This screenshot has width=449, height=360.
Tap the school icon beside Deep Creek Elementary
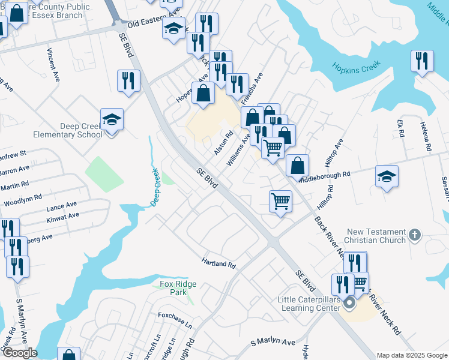pos(112,121)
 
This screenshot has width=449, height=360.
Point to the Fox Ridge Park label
pos(174,288)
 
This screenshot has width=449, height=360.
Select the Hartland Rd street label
pos(218,263)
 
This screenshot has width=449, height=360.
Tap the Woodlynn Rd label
pos(22,197)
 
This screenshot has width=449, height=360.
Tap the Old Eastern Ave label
pos(154,19)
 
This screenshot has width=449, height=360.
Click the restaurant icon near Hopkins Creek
pos(422,61)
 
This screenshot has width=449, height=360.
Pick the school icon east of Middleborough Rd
pos(387,176)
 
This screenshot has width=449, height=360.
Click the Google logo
pos(19,352)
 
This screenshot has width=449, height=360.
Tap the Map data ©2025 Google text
pos(412,355)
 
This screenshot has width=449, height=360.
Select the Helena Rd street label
pos(426,136)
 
